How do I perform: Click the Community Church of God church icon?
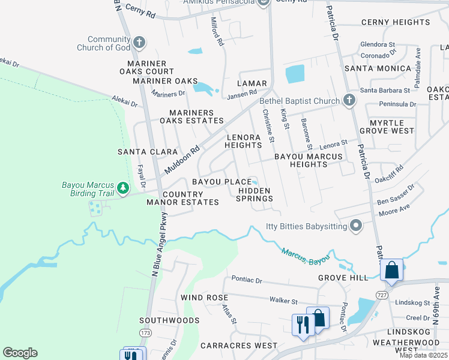[x=139, y=43]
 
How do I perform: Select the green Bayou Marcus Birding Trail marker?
[x=123, y=188]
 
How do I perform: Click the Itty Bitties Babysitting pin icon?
[x=356, y=226]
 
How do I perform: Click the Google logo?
[x=20, y=353]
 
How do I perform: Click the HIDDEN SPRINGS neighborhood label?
[x=255, y=194]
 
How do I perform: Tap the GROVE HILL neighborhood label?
[x=342, y=278]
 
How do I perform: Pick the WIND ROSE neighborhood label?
[x=204, y=298]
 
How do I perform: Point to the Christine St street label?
[x=268, y=127]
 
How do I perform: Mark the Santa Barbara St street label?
[x=385, y=91]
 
